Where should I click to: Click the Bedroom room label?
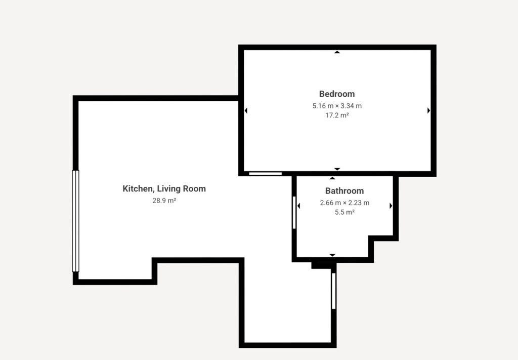tap(337, 94)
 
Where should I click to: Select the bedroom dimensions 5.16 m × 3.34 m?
tap(337, 106)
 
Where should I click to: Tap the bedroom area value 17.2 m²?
tap(337, 115)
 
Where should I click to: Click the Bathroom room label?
tap(344, 191)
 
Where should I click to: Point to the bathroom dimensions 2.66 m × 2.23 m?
tap(344, 203)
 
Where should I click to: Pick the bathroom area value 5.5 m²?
tap(344, 212)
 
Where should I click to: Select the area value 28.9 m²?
tap(164, 201)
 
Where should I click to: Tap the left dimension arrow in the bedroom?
tap(246, 110)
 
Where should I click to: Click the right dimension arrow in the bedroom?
tap(428, 110)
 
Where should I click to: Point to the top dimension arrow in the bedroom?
tap(337, 52)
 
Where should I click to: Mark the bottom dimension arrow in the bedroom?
tap(337, 169)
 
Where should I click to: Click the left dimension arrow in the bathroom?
tap(298, 206)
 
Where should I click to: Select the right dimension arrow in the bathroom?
tap(391, 206)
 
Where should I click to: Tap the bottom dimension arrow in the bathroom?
tap(332, 255)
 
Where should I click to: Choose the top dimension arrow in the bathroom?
tap(332, 179)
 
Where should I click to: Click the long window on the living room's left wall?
tap(76, 221)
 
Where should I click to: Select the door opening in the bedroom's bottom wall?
tap(265, 174)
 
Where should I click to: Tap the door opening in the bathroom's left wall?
tap(294, 213)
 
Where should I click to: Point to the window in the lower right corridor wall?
tap(334, 291)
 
